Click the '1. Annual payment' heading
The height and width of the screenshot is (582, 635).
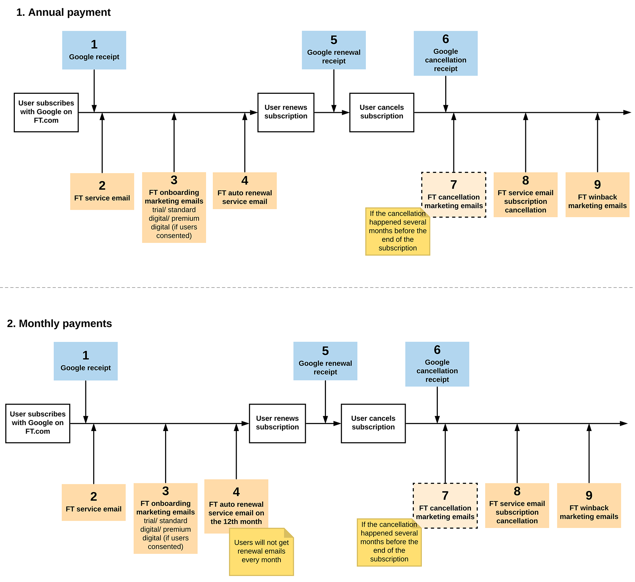(x=64, y=12)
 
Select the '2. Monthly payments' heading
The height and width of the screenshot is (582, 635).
(x=59, y=323)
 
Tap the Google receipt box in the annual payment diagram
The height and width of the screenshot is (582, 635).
(x=94, y=50)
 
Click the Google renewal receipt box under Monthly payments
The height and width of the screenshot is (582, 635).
(x=325, y=361)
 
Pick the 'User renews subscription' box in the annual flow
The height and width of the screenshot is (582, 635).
(x=286, y=113)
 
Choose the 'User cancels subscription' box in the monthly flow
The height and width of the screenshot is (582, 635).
(x=373, y=423)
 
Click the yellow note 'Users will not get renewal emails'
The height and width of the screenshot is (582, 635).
(x=261, y=551)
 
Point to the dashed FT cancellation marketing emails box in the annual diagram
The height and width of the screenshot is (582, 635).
(x=454, y=195)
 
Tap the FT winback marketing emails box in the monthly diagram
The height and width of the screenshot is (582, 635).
(x=589, y=505)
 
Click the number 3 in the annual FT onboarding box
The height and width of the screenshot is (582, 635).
(x=174, y=180)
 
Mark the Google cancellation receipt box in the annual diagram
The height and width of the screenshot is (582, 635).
(x=446, y=53)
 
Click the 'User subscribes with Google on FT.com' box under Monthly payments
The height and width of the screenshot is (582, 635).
(x=38, y=423)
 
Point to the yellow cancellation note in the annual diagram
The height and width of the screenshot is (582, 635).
(x=398, y=231)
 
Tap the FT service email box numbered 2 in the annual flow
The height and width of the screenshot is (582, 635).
(x=102, y=192)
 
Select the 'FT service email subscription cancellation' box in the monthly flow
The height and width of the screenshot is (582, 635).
(x=517, y=505)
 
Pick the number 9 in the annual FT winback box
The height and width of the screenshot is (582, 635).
(x=597, y=184)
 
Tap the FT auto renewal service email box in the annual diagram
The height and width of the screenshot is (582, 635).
(x=245, y=191)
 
